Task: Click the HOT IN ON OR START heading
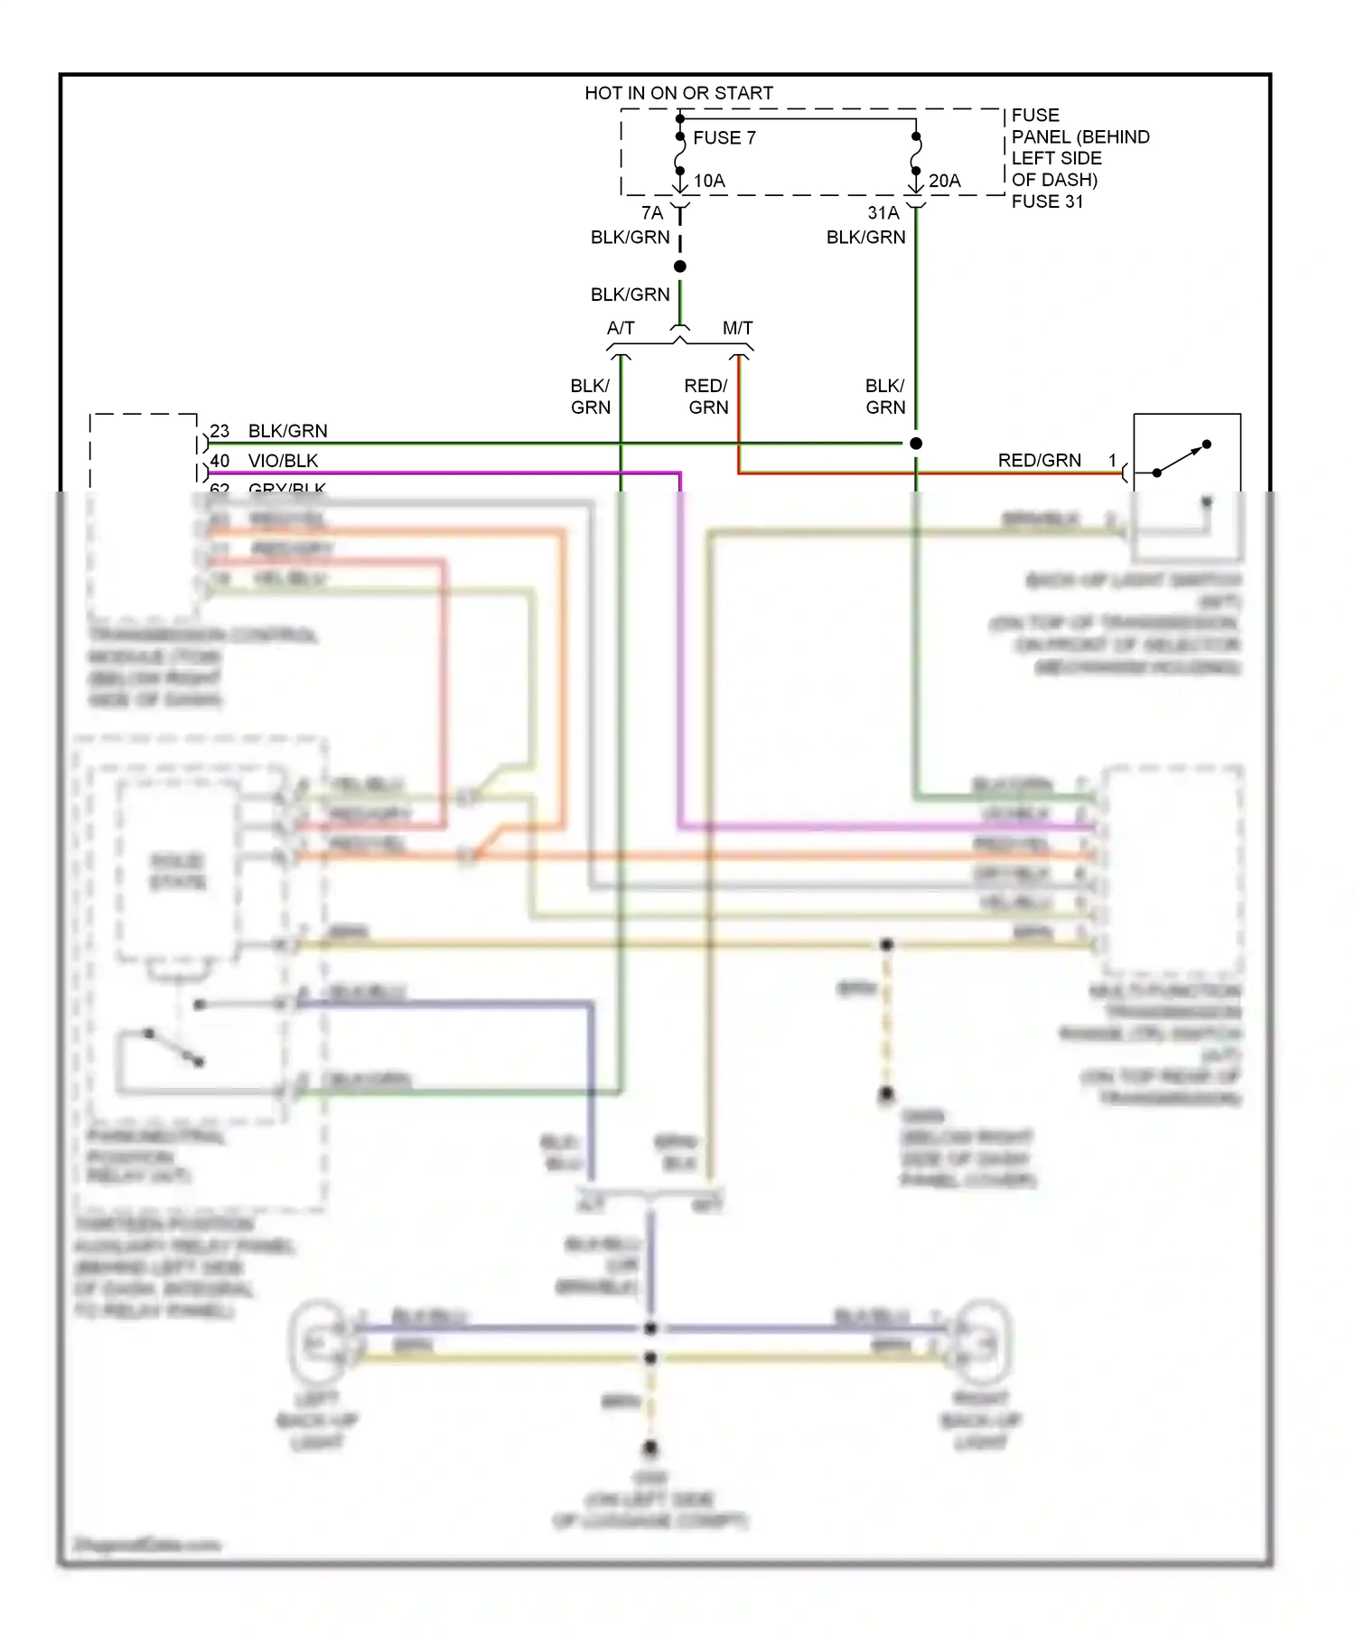[x=678, y=93]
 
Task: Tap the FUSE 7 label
[x=724, y=138]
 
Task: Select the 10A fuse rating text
[x=709, y=181]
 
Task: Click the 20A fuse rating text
[x=944, y=181]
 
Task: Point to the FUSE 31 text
[x=1046, y=201]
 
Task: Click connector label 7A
[x=651, y=213]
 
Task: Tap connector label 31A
[x=883, y=213]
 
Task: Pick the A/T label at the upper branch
[x=621, y=328]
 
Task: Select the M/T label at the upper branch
[x=737, y=328]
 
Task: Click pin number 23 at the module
[x=220, y=431]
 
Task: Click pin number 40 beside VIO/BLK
[x=220, y=461]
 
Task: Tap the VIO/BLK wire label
[x=283, y=461]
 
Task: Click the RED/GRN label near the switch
[x=1039, y=461]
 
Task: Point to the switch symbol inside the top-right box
[x=1182, y=459]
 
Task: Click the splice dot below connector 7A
[x=680, y=267]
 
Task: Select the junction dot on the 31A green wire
[x=916, y=444]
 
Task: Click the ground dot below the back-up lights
[x=650, y=1448]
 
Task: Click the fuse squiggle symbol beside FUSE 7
[x=680, y=154]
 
